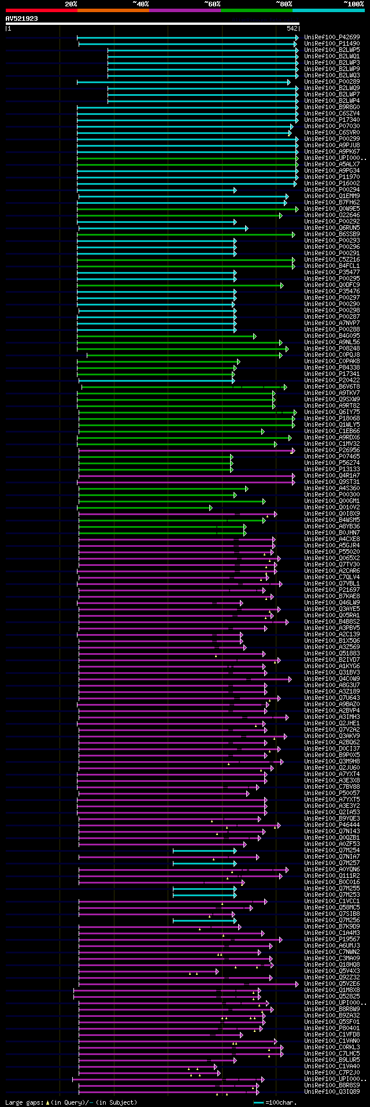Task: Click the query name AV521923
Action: coord(22,18)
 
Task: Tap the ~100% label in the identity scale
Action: coord(353,4)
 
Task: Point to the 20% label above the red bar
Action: coord(71,4)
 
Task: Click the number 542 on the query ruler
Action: coord(292,28)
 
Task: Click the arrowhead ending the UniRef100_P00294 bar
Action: coord(235,190)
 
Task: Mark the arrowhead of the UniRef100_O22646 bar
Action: coord(280,215)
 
